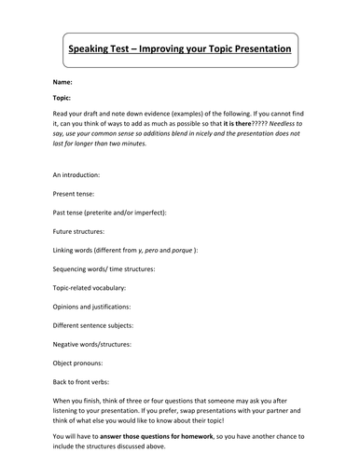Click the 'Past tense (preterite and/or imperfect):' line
[x=111, y=213]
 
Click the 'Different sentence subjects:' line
[x=97, y=325]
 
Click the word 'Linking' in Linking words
[x=66, y=252]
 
